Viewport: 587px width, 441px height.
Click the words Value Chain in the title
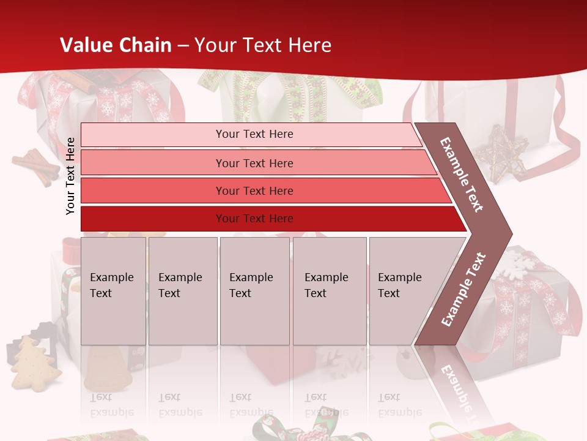[x=116, y=45]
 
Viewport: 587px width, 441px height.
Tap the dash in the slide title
[x=182, y=45]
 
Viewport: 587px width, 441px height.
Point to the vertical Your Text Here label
[x=70, y=176]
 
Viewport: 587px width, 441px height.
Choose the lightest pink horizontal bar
[x=251, y=134]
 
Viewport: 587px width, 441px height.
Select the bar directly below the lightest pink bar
[x=257, y=163]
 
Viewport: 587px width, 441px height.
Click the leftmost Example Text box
[x=113, y=291]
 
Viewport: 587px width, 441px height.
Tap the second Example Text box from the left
[x=182, y=291]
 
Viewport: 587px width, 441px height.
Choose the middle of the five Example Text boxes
[x=254, y=291]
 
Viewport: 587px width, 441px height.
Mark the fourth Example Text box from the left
[x=330, y=291]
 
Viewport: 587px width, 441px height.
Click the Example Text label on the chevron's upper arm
[x=462, y=175]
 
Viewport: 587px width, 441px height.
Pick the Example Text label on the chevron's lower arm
[x=463, y=289]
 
